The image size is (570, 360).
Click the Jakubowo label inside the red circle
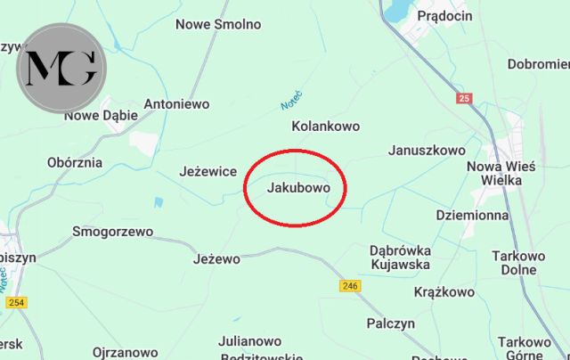pyautogui.click(x=298, y=189)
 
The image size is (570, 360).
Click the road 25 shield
pyautogui.click(x=463, y=98)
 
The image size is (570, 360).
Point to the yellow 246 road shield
pyautogui.click(x=350, y=286)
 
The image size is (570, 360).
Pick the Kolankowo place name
pyautogui.click(x=326, y=127)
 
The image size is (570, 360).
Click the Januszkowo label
pyautogui.click(x=427, y=151)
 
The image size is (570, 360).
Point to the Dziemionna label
pyautogui.click(x=473, y=215)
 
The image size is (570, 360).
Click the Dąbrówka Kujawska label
pyautogui.click(x=400, y=257)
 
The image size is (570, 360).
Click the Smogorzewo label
pyautogui.click(x=112, y=232)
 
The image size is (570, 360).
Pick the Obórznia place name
pyautogui.click(x=74, y=163)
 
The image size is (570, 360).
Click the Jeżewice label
pyautogui.click(x=208, y=170)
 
